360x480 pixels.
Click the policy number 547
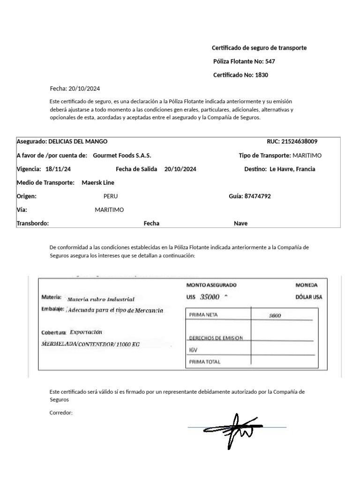pos(270,61)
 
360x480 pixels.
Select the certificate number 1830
pos(262,75)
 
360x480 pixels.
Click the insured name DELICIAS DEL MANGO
pos(78,142)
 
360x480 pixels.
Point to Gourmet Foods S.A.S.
pos(122,155)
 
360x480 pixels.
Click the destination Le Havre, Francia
pos(292,169)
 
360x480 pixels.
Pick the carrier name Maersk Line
pos(98,183)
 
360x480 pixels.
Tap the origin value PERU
pos(111,196)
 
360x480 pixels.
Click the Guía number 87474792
pos(257,196)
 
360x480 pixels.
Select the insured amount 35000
pos(210,297)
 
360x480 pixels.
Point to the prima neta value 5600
pos(275,315)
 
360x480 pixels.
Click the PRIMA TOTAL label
pos(204,362)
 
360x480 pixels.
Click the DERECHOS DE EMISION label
pos(216,338)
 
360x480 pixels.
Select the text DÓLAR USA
pos(308,297)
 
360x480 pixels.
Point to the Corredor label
pos(61,413)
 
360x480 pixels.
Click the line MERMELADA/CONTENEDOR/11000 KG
pos(90,344)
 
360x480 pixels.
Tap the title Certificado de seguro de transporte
pos(259,48)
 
